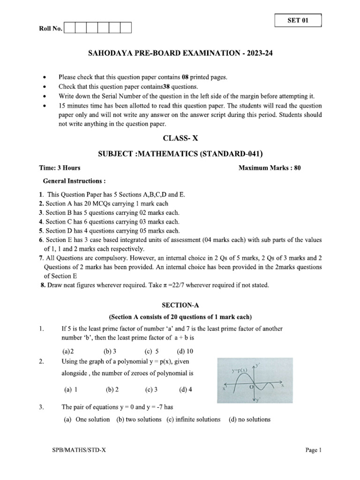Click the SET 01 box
(x=298, y=21)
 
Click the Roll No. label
(x=50, y=29)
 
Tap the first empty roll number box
(x=69, y=28)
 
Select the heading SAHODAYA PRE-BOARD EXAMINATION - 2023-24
(x=180, y=54)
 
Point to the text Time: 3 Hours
(x=60, y=168)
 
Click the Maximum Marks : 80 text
(x=270, y=168)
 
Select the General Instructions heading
(x=74, y=180)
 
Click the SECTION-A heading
(x=180, y=305)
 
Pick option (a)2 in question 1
(x=68, y=351)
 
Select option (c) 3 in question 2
(x=151, y=389)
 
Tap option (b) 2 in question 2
(x=112, y=389)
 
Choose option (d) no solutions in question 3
(x=249, y=419)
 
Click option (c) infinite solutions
(x=193, y=419)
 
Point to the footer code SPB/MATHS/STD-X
(x=79, y=450)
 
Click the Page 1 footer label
(x=313, y=450)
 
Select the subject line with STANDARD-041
(x=180, y=153)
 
